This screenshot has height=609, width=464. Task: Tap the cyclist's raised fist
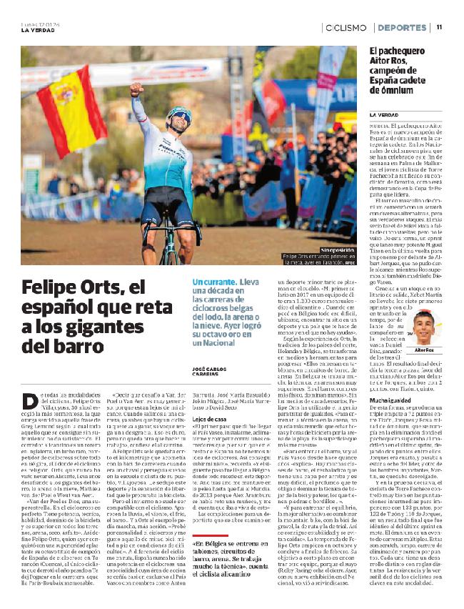coord(136,89)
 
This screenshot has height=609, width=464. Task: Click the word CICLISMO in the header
coord(346,27)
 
